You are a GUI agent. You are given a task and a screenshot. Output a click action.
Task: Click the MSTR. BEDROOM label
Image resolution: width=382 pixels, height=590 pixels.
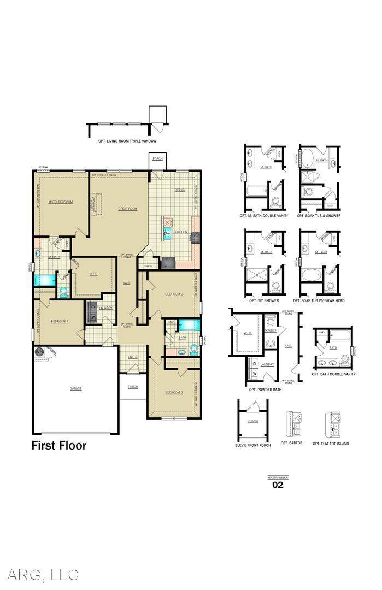tap(60, 202)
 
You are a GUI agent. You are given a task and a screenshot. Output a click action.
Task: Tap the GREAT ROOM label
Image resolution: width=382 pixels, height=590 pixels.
tap(127, 209)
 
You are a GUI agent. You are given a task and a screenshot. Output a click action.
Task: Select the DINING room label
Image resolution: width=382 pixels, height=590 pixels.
tap(179, 190)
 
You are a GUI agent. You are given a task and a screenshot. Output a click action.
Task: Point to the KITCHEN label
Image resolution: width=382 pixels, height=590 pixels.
tap(181, 232)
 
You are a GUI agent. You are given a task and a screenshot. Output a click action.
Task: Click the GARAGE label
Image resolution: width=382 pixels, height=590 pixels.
tap(75, 388)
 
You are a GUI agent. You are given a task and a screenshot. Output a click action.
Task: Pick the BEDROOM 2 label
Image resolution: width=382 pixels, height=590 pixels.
tap(174, 294)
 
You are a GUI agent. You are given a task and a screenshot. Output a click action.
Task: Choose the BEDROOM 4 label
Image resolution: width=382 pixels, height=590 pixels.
tap(60, 321)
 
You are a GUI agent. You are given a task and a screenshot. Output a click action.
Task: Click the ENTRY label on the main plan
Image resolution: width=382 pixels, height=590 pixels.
tap(133, 357)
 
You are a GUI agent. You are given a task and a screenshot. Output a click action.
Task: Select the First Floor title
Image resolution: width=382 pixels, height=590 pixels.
tap(58, 446)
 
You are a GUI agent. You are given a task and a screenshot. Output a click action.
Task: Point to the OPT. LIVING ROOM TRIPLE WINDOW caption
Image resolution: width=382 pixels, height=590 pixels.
tap(127, 141)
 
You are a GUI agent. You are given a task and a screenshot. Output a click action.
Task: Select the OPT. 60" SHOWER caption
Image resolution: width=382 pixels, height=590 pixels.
tap(263, 300)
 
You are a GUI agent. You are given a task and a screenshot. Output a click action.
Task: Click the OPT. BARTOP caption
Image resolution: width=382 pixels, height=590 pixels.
tap(291, 443)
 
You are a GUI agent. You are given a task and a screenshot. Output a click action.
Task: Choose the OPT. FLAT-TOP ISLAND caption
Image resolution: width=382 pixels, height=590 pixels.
tap(331, 444)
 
